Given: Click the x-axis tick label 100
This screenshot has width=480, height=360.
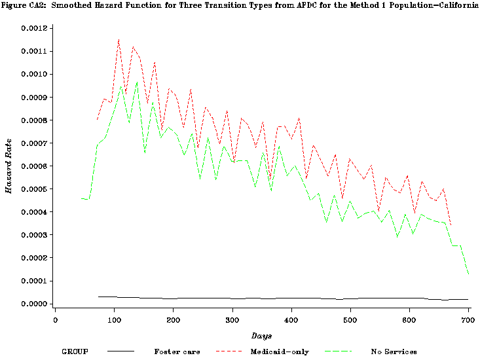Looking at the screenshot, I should [114, 320].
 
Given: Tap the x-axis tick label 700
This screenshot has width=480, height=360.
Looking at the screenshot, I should [467, 320].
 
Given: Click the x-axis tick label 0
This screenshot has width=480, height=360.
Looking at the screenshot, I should [55, 320].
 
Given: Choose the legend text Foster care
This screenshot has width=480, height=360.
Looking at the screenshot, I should [176, 351].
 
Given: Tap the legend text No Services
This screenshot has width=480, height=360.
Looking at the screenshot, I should [394, 351].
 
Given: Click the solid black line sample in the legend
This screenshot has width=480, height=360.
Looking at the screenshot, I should [120, 351].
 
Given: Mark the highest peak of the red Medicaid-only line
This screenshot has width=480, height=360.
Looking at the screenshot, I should [119, 40].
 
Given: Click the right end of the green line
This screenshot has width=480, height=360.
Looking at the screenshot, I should [469, 274].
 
